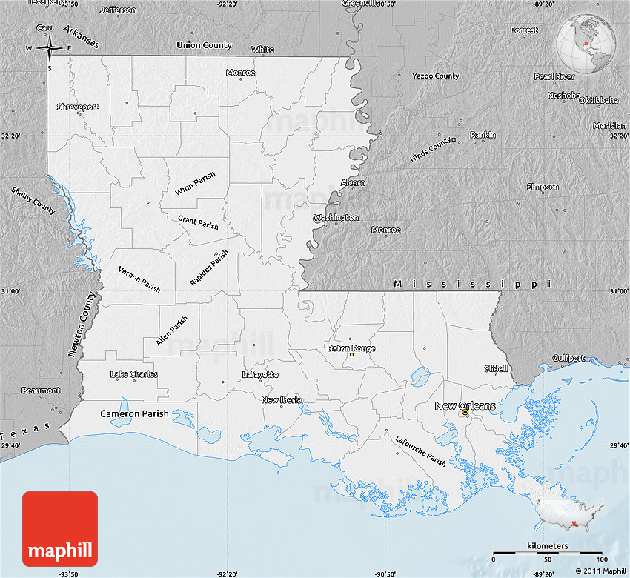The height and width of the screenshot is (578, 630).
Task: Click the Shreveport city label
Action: coord(78,107)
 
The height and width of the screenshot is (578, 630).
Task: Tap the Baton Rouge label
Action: coord(352,348)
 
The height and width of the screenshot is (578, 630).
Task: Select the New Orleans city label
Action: coord(465,405)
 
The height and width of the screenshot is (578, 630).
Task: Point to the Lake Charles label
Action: coord(133,374)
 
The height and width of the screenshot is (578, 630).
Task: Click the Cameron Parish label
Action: coord(135,413)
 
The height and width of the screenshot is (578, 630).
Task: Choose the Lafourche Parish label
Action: coord(420,451)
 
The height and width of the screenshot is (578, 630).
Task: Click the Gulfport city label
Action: coord(567,358)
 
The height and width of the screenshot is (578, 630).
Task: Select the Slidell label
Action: coord(496,368)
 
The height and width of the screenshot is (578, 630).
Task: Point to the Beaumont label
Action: coord(41,390)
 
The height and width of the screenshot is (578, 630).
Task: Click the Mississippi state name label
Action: coord(473,284)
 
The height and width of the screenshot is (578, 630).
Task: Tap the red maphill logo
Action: coord(60,528)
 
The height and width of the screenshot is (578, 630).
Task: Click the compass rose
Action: coord(50,49)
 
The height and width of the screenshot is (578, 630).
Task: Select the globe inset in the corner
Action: coord(586,44)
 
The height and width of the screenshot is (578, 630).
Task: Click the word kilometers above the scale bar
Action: coord(548,545)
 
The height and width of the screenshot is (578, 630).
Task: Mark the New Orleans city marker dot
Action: coord(465,413)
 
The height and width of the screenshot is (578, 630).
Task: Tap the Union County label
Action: coord(204,45)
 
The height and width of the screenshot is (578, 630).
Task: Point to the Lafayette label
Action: coord(260,375)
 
